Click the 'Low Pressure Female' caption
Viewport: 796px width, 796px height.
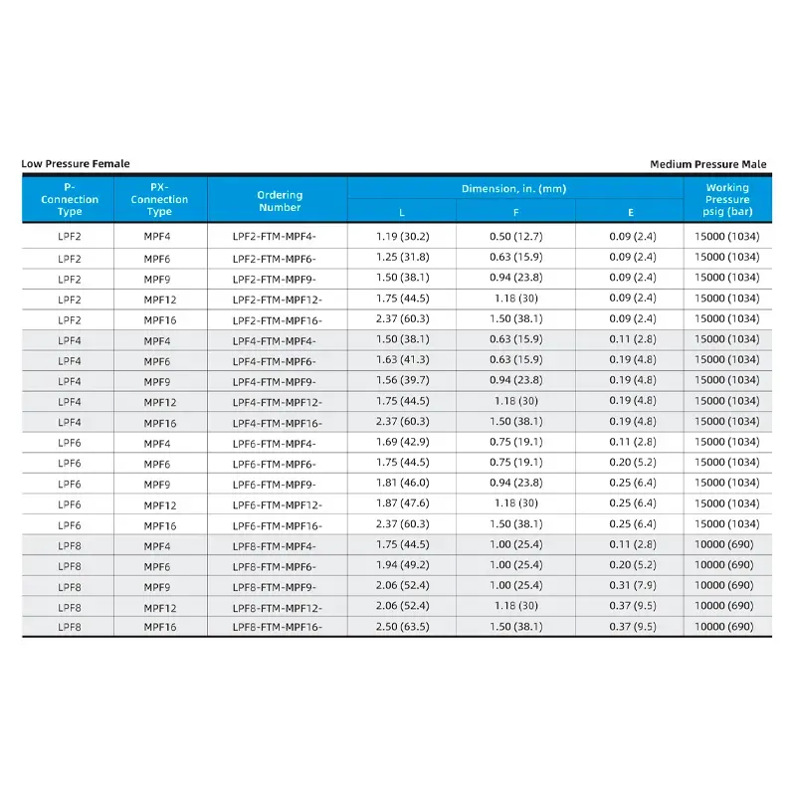(x=76, y=164)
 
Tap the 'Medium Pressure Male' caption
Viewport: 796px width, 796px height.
(x=708, y=164)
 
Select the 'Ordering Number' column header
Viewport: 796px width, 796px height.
(x=280, y=201)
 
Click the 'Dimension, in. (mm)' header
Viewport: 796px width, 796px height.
(x=513, y=188)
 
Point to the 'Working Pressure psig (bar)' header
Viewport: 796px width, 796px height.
(x=727, y=199)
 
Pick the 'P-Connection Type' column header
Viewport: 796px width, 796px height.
(x=70, y=199)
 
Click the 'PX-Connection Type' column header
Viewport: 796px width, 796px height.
(x=159, y=199)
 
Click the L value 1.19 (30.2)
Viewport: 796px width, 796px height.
(x=402, y=237)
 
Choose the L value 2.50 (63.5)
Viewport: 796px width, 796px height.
(x=402, y=627)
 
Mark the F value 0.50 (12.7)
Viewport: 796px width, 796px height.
(x=514, y=237)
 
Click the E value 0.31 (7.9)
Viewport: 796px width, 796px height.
(x=631, y=586)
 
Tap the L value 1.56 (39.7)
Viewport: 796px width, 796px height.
(x=402, y=381)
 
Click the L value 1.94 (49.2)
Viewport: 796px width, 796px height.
(x=402, y=565)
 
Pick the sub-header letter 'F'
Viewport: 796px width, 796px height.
(x=515, y=212)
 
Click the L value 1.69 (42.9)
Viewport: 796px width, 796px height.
(x=402, y=443)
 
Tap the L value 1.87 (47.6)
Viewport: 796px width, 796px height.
(x=402, y=504)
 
